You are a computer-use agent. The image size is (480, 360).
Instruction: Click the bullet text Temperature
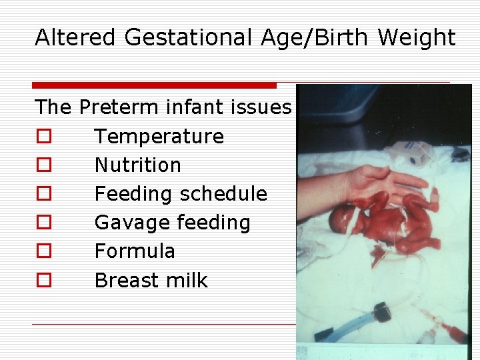pos(159,136)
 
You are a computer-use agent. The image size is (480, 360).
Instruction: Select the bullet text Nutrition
pos(137,165)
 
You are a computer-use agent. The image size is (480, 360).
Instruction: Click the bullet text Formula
pos(135,251)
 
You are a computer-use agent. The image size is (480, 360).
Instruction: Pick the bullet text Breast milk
pos(151,280)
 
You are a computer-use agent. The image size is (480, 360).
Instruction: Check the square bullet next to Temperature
pos(43,137)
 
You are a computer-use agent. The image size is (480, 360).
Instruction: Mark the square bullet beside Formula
pos(43,251)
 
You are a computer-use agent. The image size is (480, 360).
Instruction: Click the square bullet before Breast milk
pos(43,281)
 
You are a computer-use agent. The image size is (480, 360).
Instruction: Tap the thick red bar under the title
pos(154,85)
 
